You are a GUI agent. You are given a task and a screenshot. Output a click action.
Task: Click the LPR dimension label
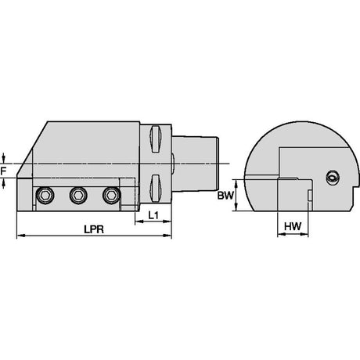(x=94, y=229)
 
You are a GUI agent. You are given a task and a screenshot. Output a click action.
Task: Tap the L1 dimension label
(x=153, y=215)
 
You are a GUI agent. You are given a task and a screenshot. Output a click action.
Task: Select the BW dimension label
(x=225, y=195)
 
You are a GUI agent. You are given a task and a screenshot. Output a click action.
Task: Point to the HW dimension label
(x=293, y=226)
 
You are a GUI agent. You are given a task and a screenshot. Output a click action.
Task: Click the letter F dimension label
(x=3, y=171)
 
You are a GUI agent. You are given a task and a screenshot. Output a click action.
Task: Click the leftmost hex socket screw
(x=45, y=195)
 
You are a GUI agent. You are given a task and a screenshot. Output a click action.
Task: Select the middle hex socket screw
(x=78, y=195)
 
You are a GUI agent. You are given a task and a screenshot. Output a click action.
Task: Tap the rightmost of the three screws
(x=111, y=195)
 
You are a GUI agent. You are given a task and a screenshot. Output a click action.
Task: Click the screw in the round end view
(x=333, y=178)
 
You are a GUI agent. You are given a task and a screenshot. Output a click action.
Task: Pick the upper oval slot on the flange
(x=156, y=139)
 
